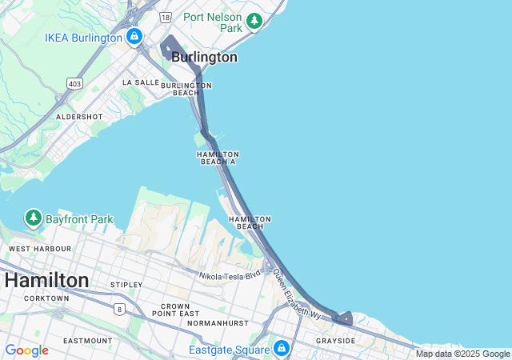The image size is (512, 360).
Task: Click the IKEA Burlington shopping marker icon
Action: click(x=134, y=37)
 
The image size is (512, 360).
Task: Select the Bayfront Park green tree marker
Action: click(x=33, y=218)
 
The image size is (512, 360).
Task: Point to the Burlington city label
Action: click(x=204, y=58)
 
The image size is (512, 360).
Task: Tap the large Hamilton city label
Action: click(x=46, y=281)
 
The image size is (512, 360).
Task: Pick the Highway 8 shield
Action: click(x=120, y=309)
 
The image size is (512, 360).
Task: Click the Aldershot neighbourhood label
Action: click(x=79, y=117)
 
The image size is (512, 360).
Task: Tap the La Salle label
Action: click(x=141, y=82)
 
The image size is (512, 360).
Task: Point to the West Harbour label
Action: click(x=39, y=249)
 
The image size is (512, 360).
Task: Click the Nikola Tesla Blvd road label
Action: click(x=230, y=275)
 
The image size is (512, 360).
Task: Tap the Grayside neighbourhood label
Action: click(x=335, y=341)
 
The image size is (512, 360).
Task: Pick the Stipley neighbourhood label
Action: click(x=126, y=285)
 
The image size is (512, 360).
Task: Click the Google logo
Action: click(x=26, y=350)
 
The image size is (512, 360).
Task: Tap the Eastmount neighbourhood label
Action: click(x=88, y=341)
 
